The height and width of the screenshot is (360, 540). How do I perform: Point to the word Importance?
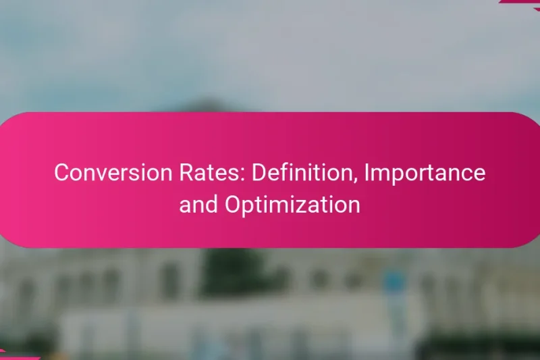(x=425, y=173)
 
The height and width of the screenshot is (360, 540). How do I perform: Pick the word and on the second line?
(x=199, y=204)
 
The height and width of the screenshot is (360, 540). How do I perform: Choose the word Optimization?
(x=292, y=205)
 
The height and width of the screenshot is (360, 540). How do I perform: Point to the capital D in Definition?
(x=258, y=173)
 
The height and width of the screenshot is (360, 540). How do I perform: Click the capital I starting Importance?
(x=367, y=173)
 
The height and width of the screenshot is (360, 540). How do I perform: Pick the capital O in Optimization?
(x=233, y=204)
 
